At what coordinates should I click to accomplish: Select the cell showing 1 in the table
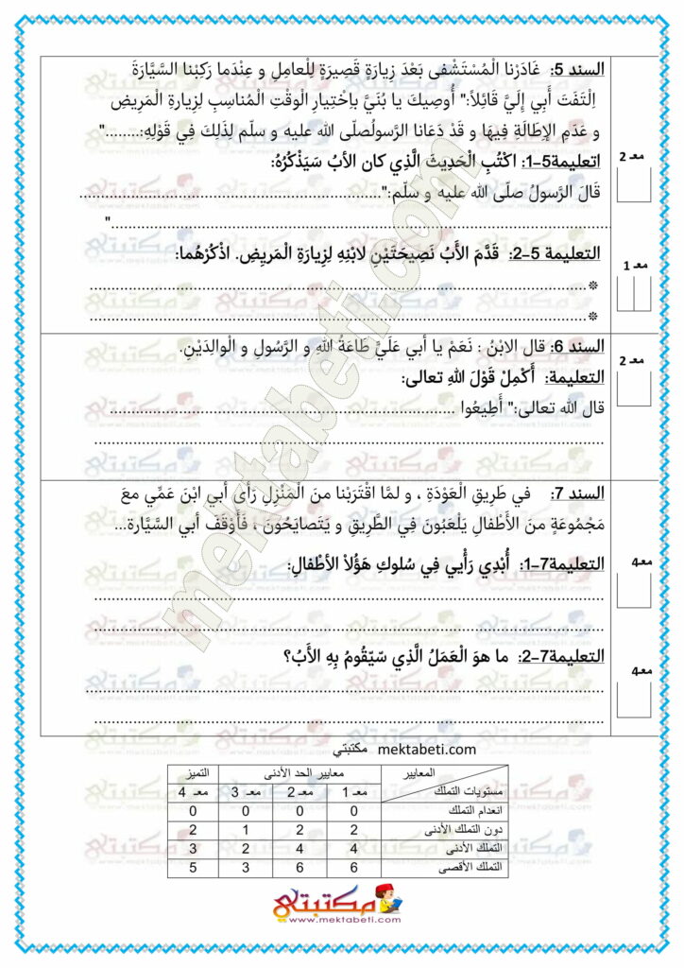click(246, 829)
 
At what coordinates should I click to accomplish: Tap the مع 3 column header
click(246, 792)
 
